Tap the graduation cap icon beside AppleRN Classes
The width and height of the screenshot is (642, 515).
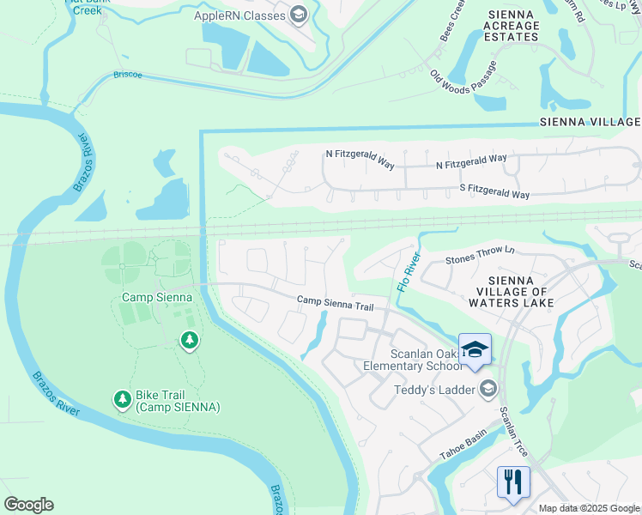[x=298, y=14]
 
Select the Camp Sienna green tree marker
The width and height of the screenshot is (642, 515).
[x=190, y=342]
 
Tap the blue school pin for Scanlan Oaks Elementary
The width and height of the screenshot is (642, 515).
[x=475, y=350]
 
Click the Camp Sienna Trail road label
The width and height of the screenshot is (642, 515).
[x=336, y=303]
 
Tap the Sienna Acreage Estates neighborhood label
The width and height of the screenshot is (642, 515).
[x=513, y=26]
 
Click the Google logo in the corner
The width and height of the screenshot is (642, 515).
[x=28, y=505]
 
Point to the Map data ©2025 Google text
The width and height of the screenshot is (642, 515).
[x=590, y=508]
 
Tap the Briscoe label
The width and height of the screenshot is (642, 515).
[x=129, y=75]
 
